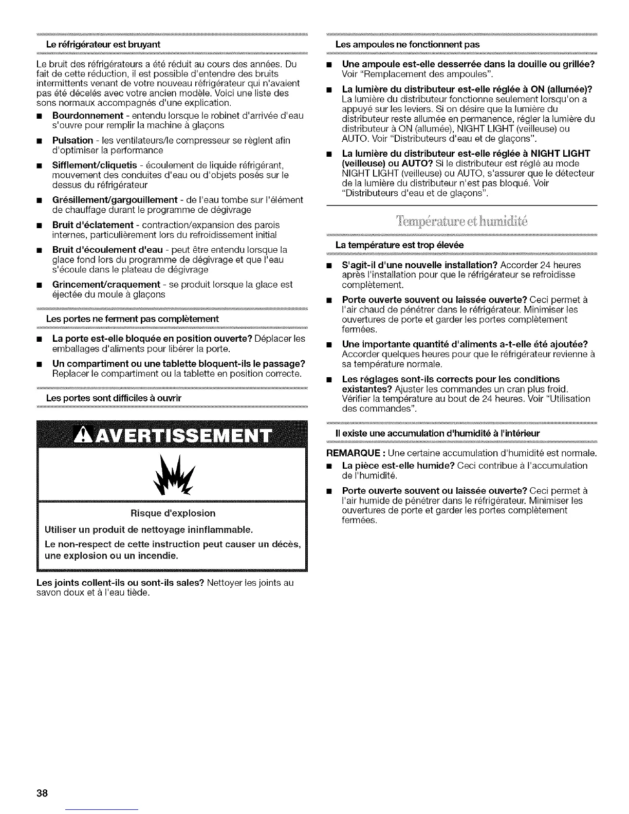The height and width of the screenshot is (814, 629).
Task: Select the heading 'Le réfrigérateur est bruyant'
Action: [103, 44]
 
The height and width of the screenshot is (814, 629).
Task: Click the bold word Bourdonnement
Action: [87, 115]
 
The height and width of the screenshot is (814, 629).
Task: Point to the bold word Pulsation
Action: [72, 140]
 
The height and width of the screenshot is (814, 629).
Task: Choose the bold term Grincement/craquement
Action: [106, 284]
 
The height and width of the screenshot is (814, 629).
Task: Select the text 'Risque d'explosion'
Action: [173, 513]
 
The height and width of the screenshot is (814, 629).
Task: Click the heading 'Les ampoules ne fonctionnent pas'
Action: [407, 44]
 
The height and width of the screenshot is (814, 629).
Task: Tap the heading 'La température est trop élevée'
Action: [399, 245]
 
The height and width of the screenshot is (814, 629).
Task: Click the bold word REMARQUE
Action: [354, 453]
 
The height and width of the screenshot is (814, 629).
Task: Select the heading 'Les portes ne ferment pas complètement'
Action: [132, 319]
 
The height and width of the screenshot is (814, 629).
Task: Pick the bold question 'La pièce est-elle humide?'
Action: [398, 466]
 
